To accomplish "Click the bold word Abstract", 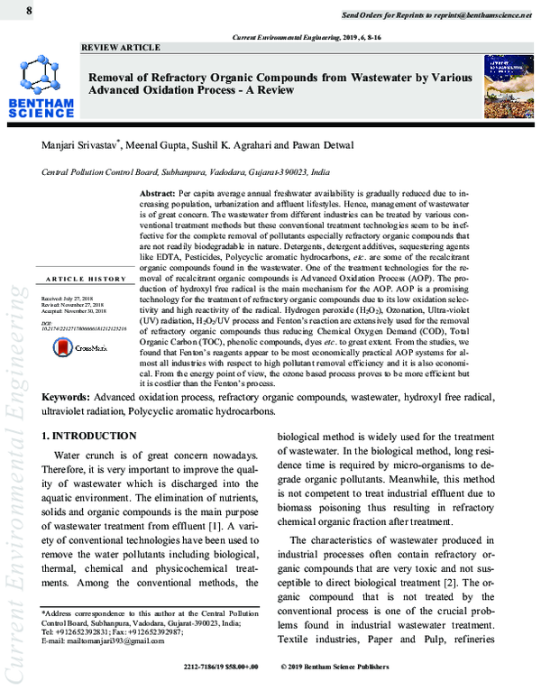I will [159, 194].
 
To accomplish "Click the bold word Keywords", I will [69, 422].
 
